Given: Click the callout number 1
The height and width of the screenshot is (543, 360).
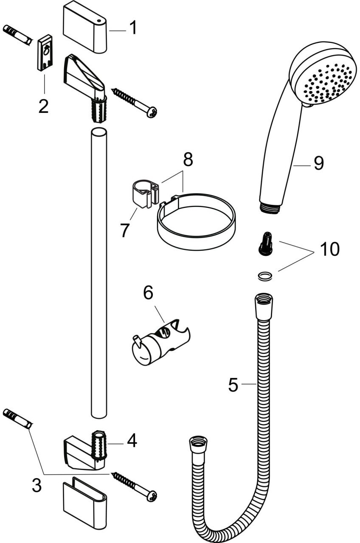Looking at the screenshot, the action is point(133,28).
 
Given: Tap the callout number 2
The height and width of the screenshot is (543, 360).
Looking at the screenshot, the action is point(43,106).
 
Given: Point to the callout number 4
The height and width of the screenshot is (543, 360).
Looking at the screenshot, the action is point(132,441).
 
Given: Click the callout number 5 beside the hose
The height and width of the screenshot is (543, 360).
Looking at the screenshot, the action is point(233,384).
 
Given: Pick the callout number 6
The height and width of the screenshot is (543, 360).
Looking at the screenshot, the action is point(148,293).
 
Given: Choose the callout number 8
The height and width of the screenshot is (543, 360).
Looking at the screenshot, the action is point(188,160).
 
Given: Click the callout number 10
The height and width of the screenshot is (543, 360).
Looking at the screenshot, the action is point(330,249).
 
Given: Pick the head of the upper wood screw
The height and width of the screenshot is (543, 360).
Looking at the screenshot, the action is point(152,112).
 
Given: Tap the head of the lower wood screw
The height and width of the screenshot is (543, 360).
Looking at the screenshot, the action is point(152,495).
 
